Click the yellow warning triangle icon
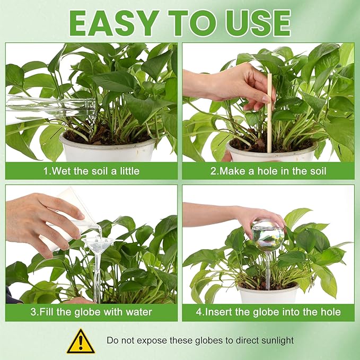(x=81, y=341)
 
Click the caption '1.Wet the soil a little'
(x=91, y=171)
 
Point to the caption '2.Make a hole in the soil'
(x=268, y=171)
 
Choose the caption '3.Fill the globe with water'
(x=91, y=312)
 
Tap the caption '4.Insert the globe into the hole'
(x=268, y=312)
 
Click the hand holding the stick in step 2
(x=232, y=86)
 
